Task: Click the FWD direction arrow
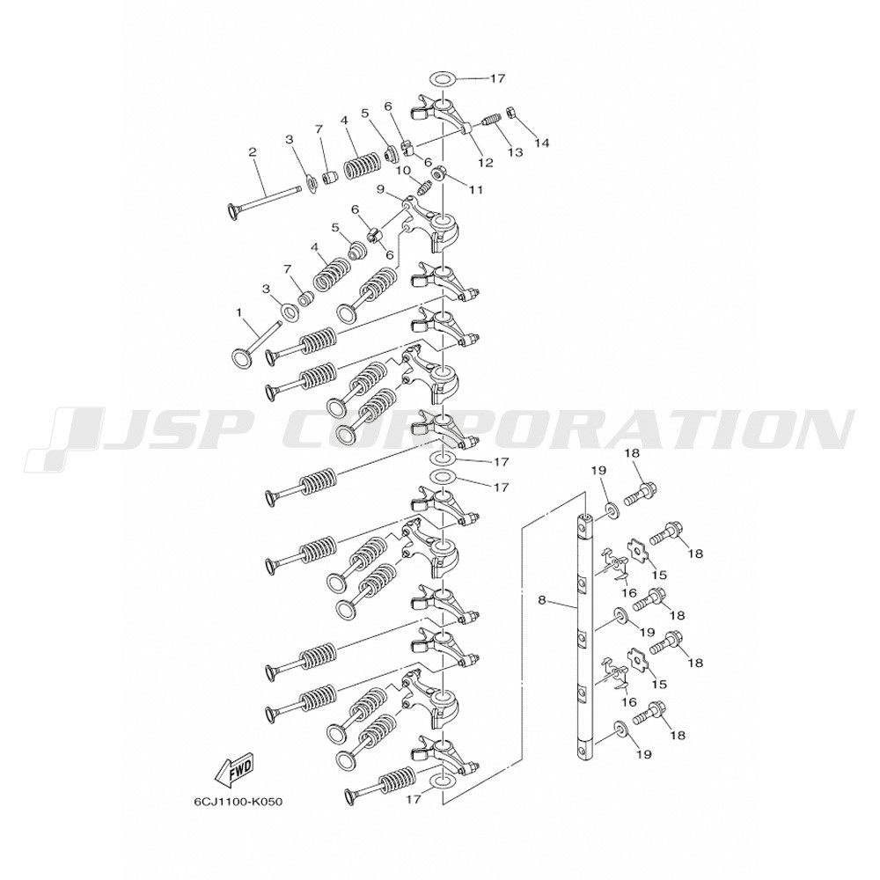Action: click(x=233, y=772)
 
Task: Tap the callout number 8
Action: click(x=541, y=600)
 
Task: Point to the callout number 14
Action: click(x=540, y=143)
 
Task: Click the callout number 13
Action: click(x=515, y=151)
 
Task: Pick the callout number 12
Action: click(x=485, y=162)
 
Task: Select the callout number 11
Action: click(x=476, y=188)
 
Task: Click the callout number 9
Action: click(x=381, y=189)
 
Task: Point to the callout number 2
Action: click(x=253, y=151)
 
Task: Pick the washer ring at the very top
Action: click(x=443, y=78)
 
